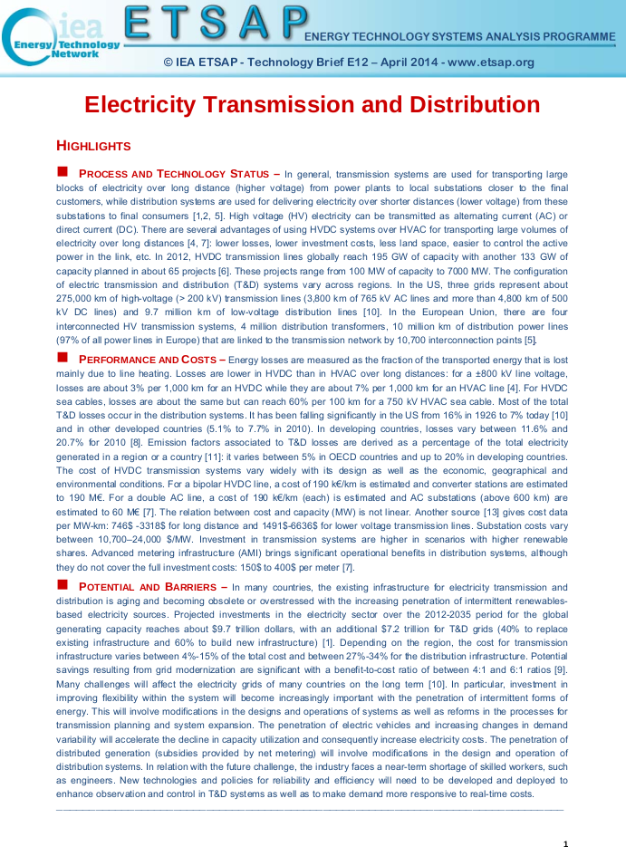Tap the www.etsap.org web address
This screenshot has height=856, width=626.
pyautogui.click(x=491, y=63)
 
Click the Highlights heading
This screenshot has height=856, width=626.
pyautogui.click(x=93, y=146)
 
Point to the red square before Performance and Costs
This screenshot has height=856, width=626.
pyautogui.click(x=63, y=358)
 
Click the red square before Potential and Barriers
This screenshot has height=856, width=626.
pyautogui.click(x=63, y=586)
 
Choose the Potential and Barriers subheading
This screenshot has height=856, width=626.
pyautogui.click(x=152, y=587)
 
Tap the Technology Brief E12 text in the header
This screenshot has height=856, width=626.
pyautogui.click(x=307, y=63)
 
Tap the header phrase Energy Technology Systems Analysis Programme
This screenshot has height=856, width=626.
pyautogui.click(x=460, y=36)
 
